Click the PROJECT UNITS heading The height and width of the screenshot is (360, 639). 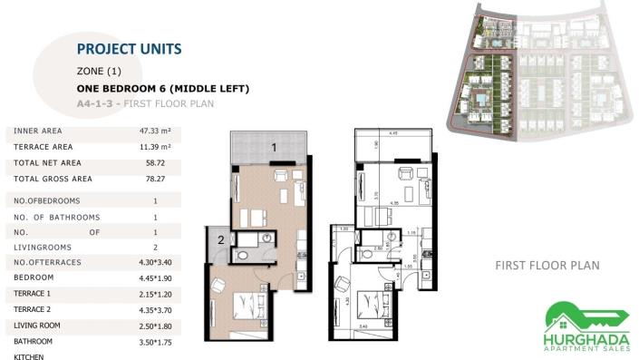(x=129, y=49)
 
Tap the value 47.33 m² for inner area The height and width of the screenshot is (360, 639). (x=156, y=131)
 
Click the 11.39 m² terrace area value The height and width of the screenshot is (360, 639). (x=156, y=146)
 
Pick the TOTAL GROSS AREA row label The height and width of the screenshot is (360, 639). (x=53, y=180)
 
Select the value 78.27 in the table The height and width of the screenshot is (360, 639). (x=156, y=180)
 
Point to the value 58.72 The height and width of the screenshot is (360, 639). (x=156, y=163)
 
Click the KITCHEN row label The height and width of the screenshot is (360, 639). (x=31, y=356)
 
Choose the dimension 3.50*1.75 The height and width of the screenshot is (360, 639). (x=156, y=341)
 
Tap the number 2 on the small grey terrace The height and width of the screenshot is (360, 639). (x=220, y=240)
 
